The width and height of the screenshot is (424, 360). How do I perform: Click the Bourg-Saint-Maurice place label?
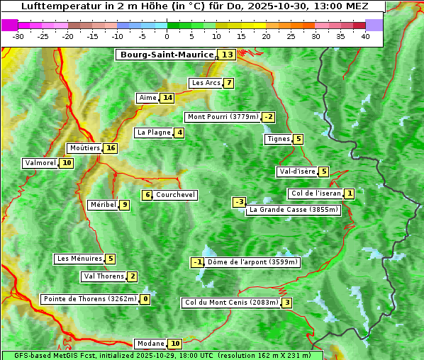[x=167, y=55]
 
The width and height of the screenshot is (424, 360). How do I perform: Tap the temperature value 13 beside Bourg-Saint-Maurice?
[x=227, y=55]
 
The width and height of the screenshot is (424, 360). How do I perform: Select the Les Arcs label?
[x=206, y=83]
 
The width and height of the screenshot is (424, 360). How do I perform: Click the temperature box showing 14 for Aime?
[x=167, y=98]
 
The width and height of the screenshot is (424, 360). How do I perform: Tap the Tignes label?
[x=279, y=139]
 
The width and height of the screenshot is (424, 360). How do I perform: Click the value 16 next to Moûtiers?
[x=110, y=148]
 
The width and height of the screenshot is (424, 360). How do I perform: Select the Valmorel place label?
[x=40, y=163]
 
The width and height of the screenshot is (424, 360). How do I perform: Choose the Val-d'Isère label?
[x=297, y=171]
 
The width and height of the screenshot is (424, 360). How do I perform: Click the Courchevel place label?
[x=175, y=195]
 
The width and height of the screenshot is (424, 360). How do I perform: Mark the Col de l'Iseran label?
[x=316, y=193]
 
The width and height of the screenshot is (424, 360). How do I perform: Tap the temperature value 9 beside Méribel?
[x=124, y=205]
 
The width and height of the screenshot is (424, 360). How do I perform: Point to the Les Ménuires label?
[x=79, y=259]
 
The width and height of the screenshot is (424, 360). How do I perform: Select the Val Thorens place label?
[x=104, y=276]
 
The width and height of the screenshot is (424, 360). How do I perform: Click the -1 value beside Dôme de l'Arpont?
[x=198, y=262]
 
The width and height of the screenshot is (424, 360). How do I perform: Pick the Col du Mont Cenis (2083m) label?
[x=231, y=303]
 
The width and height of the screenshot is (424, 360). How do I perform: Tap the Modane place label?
[x=150, y=344]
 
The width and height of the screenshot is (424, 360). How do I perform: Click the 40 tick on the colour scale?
[x=365, y=36]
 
